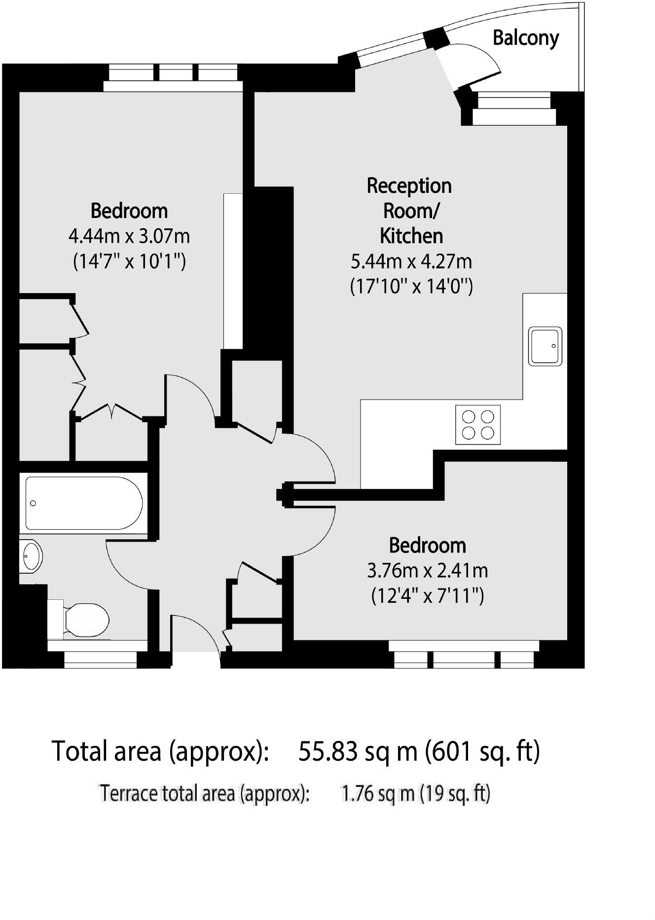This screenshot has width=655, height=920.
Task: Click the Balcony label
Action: (x=526, y=38)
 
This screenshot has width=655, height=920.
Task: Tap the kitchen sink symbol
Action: (x=545, y=346)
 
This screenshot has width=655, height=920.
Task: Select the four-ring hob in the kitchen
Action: (x=477, y=425)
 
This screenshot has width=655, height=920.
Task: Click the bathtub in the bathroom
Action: (x=84, y=503)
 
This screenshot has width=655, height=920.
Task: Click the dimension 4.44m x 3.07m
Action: (x=129, y=236)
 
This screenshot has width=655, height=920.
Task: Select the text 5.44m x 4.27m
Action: (x=411, y=261)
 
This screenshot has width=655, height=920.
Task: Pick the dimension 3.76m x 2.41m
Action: (x=427, y=571)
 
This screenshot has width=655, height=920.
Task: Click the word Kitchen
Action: (x=411, y=236)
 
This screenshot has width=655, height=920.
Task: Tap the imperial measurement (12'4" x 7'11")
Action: (x=427, y=596)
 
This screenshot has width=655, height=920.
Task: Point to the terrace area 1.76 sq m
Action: (x=377, y=794)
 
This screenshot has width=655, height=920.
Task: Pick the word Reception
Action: (x=409, y=186)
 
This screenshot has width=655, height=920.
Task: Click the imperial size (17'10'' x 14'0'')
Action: (x=411, y=287)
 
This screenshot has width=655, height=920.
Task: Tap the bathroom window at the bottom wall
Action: (x=100, y=660)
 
